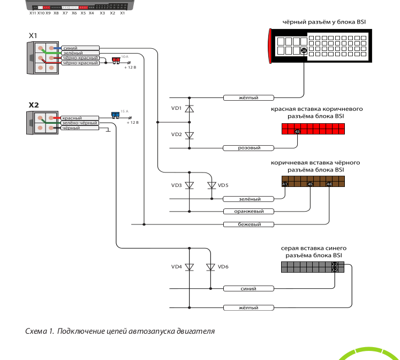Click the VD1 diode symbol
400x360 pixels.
[x=189, y=109]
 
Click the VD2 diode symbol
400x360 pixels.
[x=189, y=135]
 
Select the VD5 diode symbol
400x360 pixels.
[x=212, y=185]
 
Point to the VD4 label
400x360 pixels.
[x=176, y=267]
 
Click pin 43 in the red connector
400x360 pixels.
[x=297, y=131]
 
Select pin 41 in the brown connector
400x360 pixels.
[x=285, y=184]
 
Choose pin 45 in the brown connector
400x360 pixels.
[x=310, y=184]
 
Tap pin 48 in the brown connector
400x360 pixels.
[x=329, y=184]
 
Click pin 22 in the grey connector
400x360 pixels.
[x=334, y=265]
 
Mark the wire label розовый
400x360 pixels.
[x=248, y=148]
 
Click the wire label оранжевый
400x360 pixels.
[x=248, y=212]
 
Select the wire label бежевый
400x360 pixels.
[x=248, y=224]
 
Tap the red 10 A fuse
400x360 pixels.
[x=115, y=59]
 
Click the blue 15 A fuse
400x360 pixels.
[x=115, y=114]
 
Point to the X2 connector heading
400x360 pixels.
[x=33, y=105]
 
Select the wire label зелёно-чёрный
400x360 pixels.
[x=79, y=123]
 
